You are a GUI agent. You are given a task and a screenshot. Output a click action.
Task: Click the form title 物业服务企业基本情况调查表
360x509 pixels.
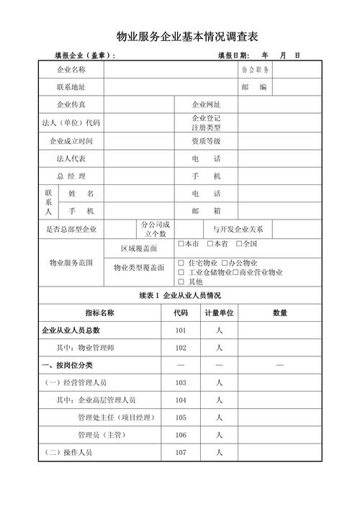[186, 36]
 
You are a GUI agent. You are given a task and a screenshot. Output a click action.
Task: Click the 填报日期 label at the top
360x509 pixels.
[233, 55]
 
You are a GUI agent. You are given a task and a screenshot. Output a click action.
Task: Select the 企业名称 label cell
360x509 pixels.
[71, 70]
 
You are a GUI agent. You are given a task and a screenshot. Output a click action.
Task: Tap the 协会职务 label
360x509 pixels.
[256, 70]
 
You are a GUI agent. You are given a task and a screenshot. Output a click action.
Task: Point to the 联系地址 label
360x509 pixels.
[71, 87]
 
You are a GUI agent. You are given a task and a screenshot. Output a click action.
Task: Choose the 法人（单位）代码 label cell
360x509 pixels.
[71, 122]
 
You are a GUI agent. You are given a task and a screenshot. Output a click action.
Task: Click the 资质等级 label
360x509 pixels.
[206, 140]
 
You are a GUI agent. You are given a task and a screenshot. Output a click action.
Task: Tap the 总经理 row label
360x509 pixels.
[71, 176]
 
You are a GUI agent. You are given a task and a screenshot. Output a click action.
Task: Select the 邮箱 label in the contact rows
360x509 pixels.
[206, 211]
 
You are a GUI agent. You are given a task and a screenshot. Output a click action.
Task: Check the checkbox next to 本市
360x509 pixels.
[181, 244]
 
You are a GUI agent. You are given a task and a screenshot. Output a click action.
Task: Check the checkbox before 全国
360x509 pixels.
[239, 244]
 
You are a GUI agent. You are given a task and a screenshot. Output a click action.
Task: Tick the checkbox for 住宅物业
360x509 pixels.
[181, 263]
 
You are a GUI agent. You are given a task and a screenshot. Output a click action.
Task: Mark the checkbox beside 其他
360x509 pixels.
[181, 281]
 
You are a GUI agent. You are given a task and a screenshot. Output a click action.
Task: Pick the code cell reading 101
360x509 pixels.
[180, 330]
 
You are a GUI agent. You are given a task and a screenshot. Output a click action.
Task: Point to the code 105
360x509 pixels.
[180, 418]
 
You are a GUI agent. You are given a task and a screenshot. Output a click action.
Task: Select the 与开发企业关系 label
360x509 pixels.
[238, 230]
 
